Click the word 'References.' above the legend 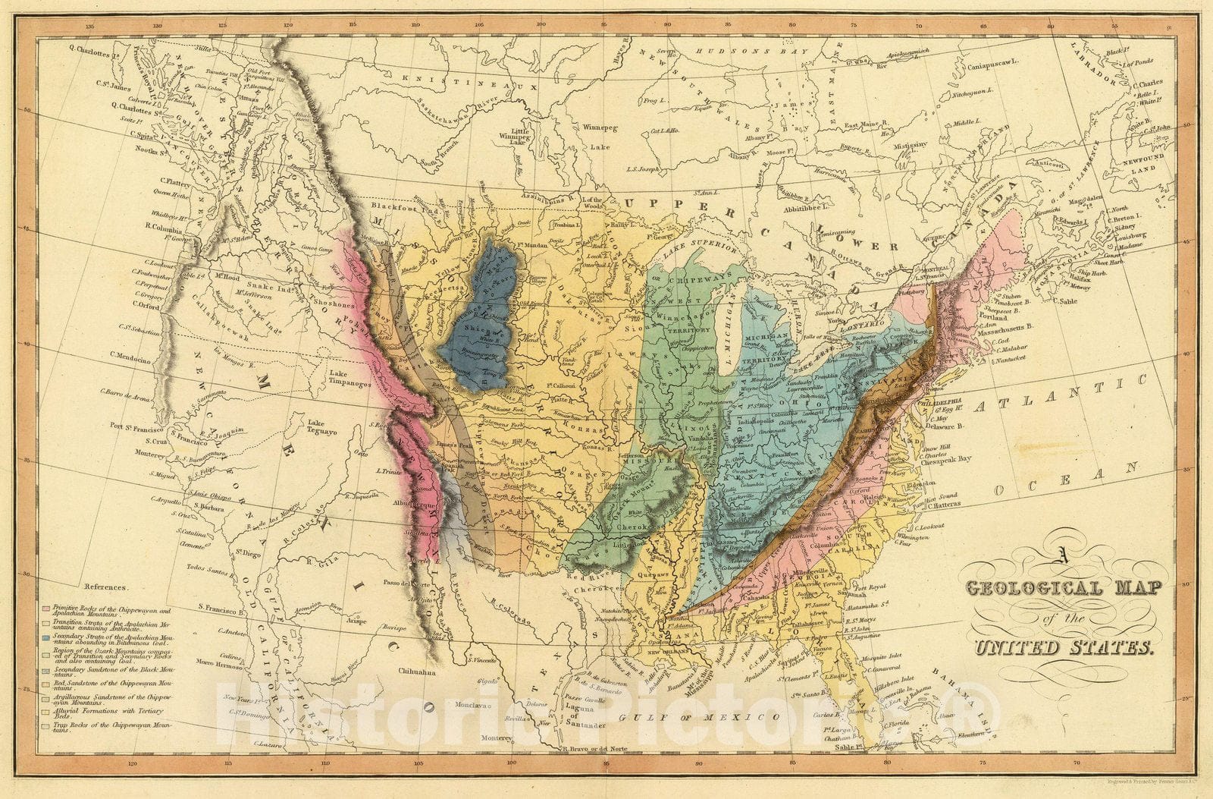(x=107, y=587)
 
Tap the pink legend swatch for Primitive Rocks (x=47, y=609)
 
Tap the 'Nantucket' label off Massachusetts (x=1008, y=357)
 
